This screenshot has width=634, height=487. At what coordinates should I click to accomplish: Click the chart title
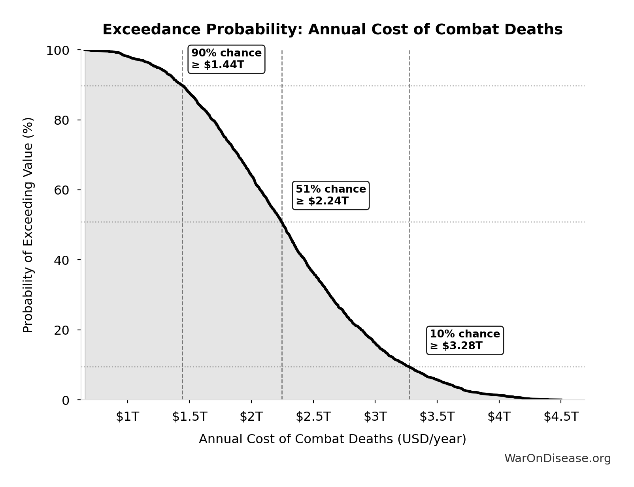(x=332, y=30)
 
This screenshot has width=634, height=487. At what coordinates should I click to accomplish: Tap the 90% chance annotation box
(x=226, y=59)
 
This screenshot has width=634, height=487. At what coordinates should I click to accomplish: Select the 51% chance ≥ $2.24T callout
(x=331, y=195)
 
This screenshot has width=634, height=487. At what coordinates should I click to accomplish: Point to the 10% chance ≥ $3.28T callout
(x=465, y=340)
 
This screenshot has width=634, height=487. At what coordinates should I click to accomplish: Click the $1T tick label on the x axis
(x=127, y=417)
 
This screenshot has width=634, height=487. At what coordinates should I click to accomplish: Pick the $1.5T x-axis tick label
(x=189, y=417)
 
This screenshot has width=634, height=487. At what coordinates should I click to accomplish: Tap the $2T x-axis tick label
(x=251, y=417)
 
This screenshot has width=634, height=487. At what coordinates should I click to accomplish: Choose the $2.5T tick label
(x=313, y=417)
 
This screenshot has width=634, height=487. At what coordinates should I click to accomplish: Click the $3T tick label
(x=375, y=417)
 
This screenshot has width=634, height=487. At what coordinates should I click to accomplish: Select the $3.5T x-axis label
(x=437, y=417)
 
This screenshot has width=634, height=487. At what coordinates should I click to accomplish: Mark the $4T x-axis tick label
(x=499, y=417)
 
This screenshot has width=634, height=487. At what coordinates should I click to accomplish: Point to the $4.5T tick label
(x=561, y=417)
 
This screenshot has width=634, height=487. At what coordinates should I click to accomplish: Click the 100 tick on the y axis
(x=58, y=51)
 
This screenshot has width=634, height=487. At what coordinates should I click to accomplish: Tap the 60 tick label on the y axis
(x=62, y=190)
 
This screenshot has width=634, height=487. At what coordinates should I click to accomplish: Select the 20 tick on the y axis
(x=62, y=330)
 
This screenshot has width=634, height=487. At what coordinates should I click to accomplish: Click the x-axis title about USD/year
(x=332, y=439)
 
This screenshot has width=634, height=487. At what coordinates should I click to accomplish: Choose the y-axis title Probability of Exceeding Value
(x=28, y=225)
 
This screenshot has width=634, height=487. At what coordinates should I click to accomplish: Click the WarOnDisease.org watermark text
(x=557, y=458)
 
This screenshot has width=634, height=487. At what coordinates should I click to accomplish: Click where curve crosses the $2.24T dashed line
(x=282, y=222)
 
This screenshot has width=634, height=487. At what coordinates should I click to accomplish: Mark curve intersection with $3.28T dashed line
(x=409, y=367)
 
